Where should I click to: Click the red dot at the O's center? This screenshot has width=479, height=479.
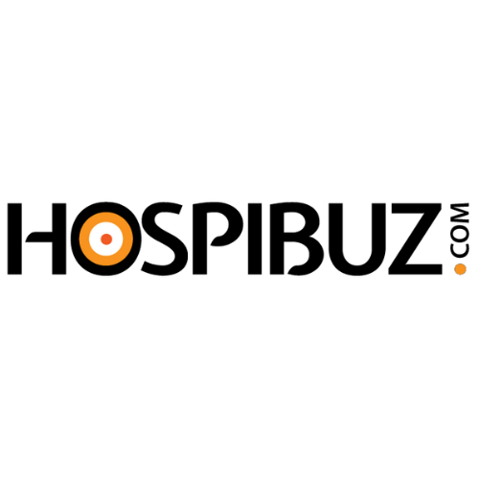click(106, 239)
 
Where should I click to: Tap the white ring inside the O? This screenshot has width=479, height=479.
click(106, 227)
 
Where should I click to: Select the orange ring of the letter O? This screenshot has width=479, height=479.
click(106, 217)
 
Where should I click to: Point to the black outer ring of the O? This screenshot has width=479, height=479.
click(106, 207)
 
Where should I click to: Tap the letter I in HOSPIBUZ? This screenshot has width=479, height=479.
click(255, 239)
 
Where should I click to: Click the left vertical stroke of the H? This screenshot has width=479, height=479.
click(14, 239)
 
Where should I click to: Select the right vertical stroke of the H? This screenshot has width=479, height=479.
click(59, 239)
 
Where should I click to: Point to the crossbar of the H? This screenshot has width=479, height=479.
click(39, 237)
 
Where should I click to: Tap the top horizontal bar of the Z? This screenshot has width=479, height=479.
click(410, 210)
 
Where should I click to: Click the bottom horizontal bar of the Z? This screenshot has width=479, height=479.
click(415, 268)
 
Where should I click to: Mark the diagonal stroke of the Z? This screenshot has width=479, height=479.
click(413, 239)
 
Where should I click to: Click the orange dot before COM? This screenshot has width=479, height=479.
click(460, 269)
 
